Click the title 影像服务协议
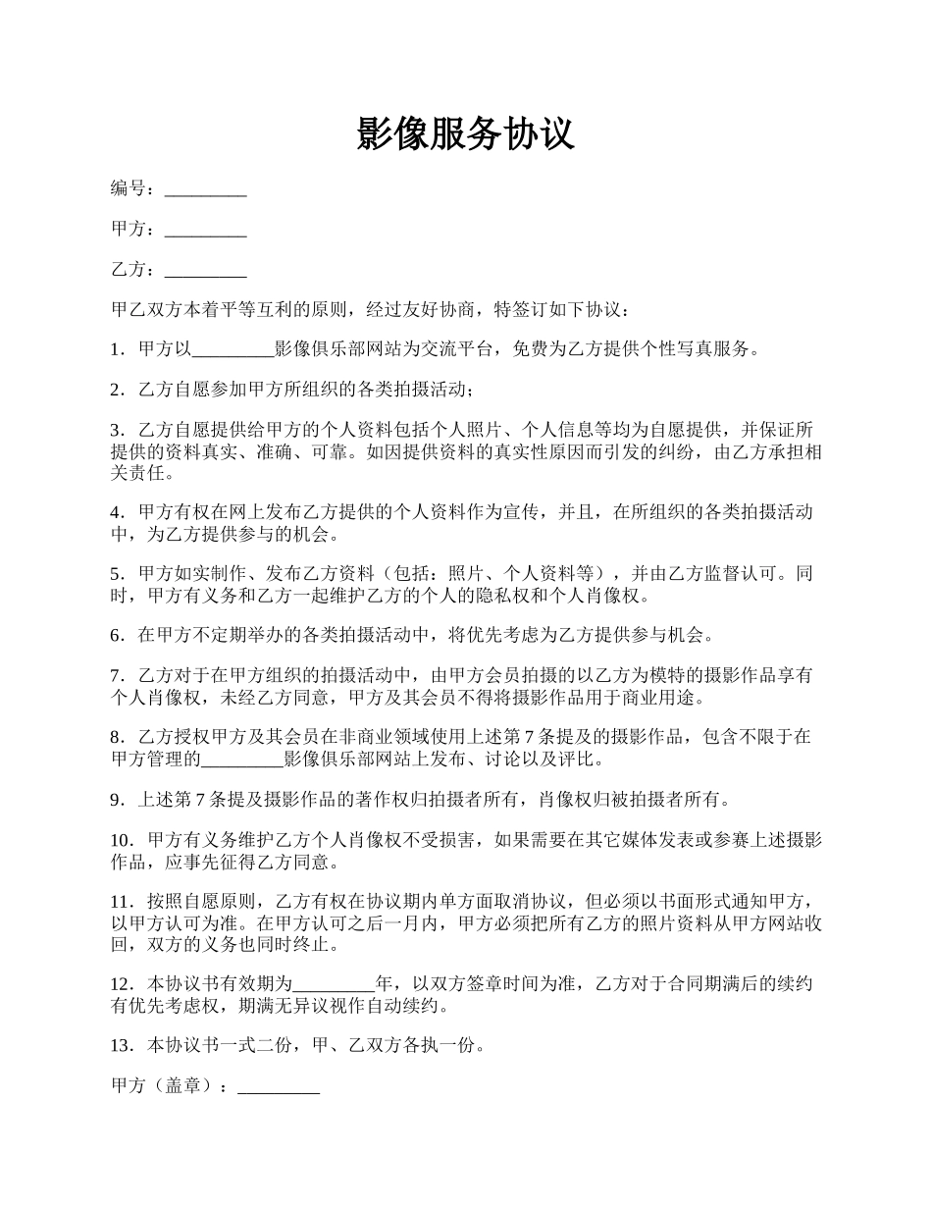[x=465, y=132]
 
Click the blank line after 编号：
[x=205, y=189]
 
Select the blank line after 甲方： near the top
[x=205, y=230]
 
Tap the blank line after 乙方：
[x=205, y=270]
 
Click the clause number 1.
[x=117, y=349]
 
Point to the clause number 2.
[x=117, y=390]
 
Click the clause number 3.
[x=117, y=430]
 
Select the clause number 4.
[x=117, y=511]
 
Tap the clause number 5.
[x=117, y=573]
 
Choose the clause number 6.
[x=117, y=635]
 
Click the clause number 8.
[x=117, y=737]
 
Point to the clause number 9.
[x=117, y=800]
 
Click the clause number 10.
[x=121, y=840]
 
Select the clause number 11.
[x=121, y=902]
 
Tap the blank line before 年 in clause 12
[x=335, y=984]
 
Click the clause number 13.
[x=121, y=1046]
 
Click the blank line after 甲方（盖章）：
[x=279, y=1087]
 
